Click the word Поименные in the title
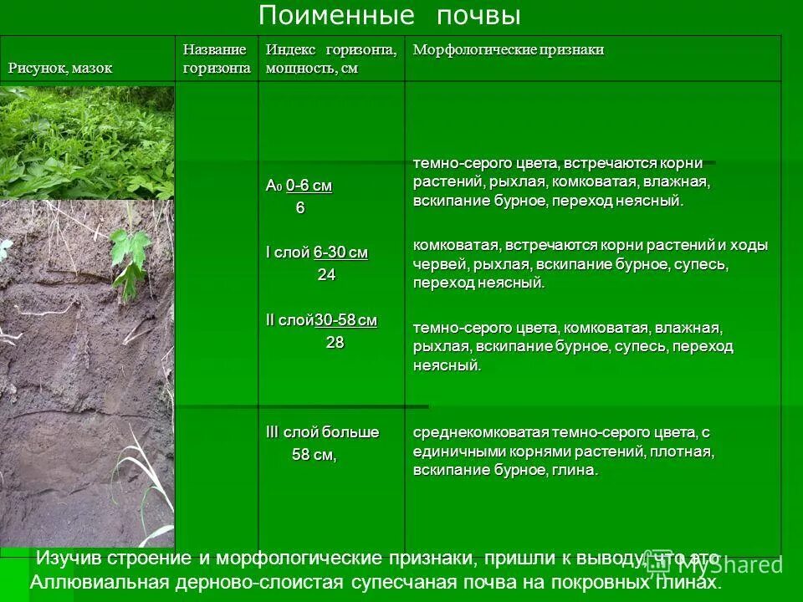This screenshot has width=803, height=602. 336,16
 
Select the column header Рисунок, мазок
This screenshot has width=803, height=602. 60,69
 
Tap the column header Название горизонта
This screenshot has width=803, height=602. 216,59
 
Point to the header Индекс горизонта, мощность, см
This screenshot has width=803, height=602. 331,59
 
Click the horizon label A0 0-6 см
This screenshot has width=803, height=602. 299,186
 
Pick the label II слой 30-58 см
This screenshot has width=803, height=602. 321,320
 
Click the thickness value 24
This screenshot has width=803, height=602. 326,275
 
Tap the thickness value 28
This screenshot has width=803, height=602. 335,342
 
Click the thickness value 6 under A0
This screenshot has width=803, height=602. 300,208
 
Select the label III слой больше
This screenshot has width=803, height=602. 322,432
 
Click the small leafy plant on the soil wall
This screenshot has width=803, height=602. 130,255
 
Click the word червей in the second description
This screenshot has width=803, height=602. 432,264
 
